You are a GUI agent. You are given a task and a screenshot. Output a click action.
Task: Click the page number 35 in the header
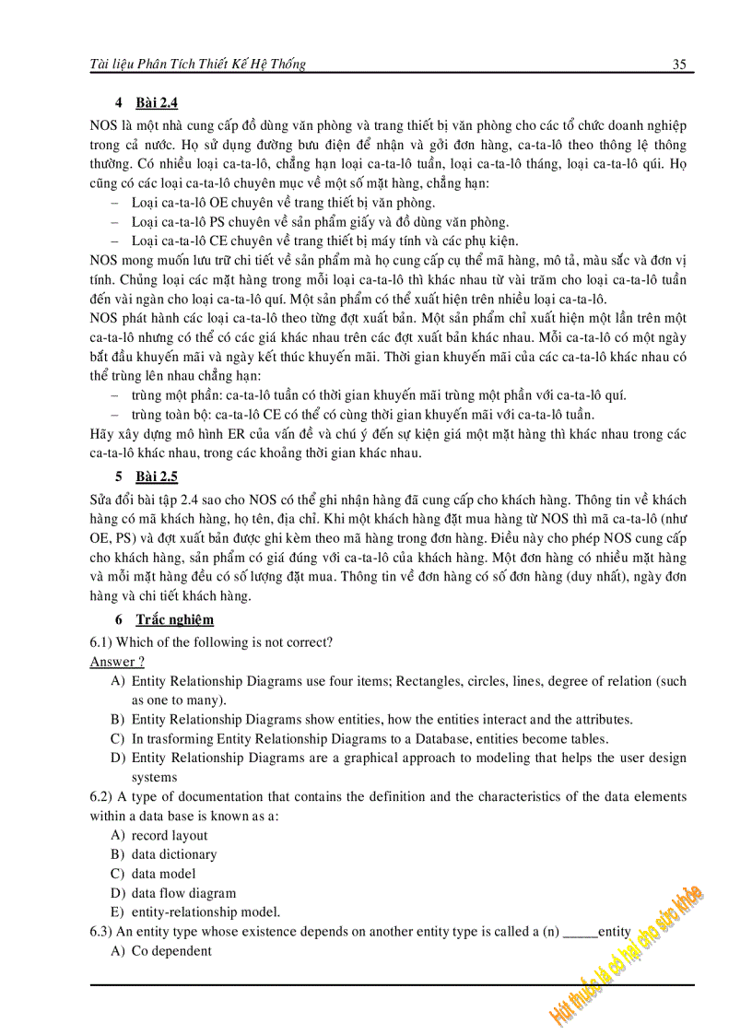pos(680,65)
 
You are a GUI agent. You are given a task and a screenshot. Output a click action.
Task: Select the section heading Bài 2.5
pos(156,476)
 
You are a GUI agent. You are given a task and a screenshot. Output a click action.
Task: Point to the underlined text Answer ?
pos(117,661)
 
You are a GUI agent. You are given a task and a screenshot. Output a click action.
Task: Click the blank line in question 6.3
pos(579,934)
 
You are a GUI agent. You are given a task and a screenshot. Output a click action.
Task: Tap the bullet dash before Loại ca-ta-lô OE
pos(114,203)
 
